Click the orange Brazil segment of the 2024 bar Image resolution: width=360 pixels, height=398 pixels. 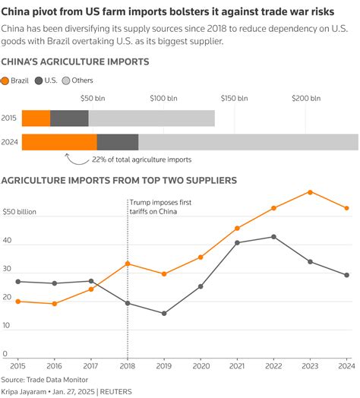tap(59, 142)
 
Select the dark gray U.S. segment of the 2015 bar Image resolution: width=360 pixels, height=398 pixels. tap(69, 118)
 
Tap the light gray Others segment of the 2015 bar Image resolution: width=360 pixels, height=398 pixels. tap(151, 118)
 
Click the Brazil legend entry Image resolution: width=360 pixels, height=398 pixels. tap(16, 80)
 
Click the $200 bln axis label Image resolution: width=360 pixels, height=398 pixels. tap(306, 98)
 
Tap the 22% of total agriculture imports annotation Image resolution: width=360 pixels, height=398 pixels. tap(142, 160)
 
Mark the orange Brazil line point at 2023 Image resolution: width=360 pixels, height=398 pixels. tap(310, 191)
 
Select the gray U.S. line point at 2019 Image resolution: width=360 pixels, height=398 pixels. tap(163, 313)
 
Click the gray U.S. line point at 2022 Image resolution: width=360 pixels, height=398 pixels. tap(274, 236)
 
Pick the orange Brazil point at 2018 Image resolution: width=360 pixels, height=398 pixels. tap(127, 264)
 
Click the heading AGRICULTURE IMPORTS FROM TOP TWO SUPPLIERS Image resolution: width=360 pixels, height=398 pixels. tap(119, 180)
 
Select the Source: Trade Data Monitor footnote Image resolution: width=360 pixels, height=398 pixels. tap(45, 378)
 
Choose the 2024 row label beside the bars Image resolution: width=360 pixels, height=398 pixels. tap(10, 142)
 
